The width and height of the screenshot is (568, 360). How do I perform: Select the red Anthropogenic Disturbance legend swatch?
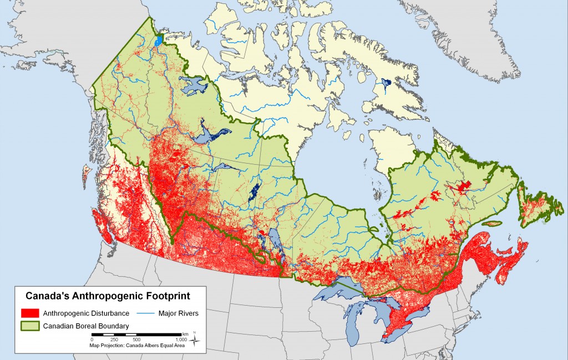point(29,313)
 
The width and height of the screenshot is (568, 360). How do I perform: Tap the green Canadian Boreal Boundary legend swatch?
point(29,326)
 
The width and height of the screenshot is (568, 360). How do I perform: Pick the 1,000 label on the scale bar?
point(181,339)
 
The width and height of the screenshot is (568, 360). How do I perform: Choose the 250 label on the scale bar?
point(114,339)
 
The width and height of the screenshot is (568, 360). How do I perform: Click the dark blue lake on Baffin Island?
point(384,85)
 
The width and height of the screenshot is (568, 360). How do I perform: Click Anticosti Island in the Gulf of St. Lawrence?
point(493,223)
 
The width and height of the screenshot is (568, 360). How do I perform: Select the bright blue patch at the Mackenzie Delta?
point(159,40)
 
